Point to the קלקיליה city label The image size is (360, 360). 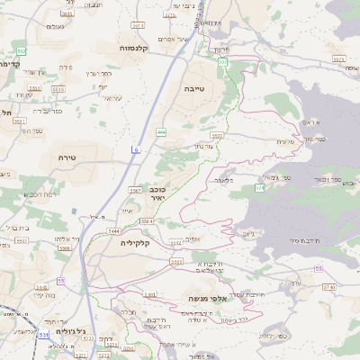click(157, 242)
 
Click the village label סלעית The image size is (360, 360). click(285, 141)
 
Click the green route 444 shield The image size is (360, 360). click(160, 132)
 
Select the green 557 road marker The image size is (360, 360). click(222, 61)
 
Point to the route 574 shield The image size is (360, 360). click(259, 187)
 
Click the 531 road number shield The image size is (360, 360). click(42, 334)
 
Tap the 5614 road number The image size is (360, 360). click(137, 24)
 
